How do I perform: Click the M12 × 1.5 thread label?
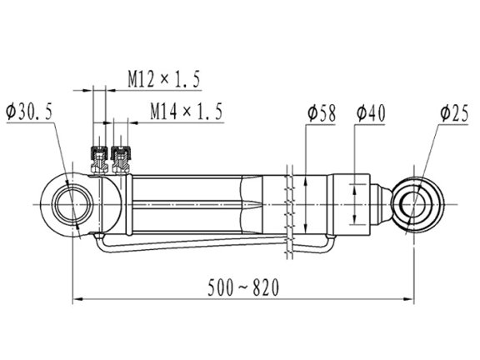pos(164,79)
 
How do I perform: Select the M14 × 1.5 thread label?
pos(186,111)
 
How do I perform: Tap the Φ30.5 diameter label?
pos(29,112)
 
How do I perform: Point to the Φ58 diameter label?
pos(322,113)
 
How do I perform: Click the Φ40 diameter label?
pos(371,113)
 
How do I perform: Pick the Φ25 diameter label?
pos(455,113)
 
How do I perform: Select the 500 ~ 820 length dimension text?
pos(243,287)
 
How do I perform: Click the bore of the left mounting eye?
pos(72,204)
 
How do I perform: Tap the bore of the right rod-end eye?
pos(414,204)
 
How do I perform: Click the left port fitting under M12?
pos(99,159)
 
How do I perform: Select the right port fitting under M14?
pos(121,159)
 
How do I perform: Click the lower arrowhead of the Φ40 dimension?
pos(354,219)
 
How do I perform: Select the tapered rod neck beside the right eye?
pos(381,204)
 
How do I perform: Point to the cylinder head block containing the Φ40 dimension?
pos(352,204)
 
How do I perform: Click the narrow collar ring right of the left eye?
pos(129,205)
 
